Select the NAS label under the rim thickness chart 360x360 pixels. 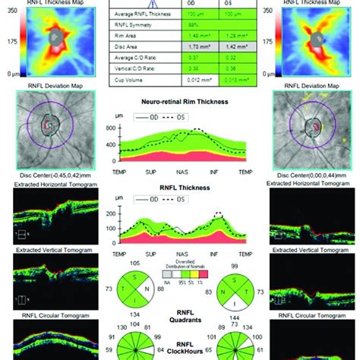point(181,173)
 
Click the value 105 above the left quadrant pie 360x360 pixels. point(137,263)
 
